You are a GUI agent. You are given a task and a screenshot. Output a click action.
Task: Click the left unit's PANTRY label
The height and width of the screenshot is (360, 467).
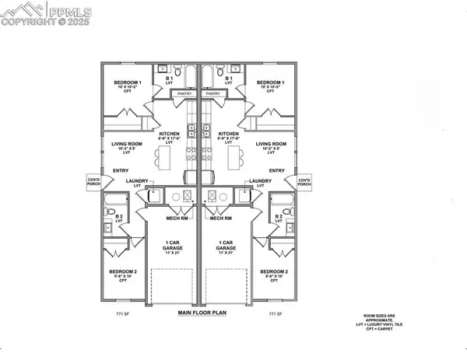click(x=184, y=93)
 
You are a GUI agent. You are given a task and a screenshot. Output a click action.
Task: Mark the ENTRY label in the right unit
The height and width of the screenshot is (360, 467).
click(x=276, y=170)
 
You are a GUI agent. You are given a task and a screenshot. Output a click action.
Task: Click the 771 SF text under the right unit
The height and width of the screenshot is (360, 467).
click(x=273, y=314)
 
